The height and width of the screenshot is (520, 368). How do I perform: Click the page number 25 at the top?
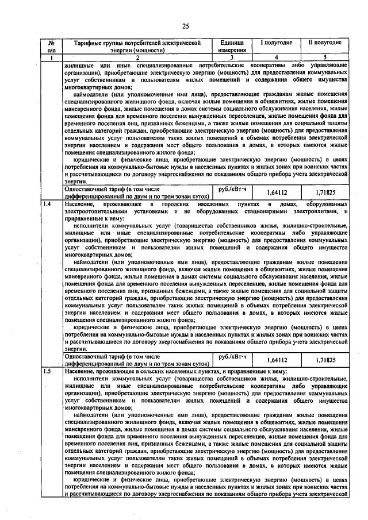tap(186, 25)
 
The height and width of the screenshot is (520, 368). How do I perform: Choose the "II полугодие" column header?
tap(325, 43)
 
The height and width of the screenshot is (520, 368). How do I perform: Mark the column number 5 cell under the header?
tap(325, 57)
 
